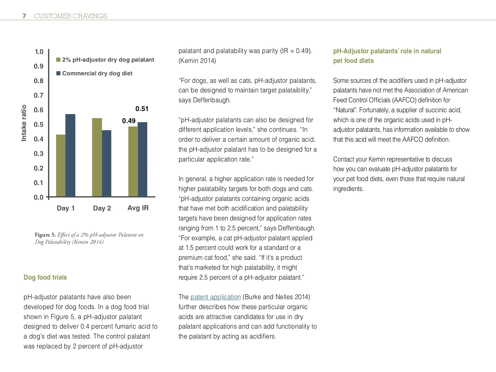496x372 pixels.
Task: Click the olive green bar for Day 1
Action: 61,166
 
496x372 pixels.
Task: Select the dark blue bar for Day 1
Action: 70,155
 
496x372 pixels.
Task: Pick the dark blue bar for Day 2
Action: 107,163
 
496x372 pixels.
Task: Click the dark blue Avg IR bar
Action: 143,159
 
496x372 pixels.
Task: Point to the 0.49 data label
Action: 129,121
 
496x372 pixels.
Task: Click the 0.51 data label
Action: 142,109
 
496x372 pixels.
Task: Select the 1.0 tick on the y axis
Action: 39,52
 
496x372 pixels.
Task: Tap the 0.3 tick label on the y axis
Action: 39,154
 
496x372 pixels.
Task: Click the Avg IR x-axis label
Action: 138,208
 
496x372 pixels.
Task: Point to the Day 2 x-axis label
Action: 102,208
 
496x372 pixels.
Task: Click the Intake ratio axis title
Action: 24,123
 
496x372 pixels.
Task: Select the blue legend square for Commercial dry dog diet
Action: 58,73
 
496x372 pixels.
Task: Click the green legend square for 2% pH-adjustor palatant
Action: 58,60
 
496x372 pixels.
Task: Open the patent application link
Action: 215,297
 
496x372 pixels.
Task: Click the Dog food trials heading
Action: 45,277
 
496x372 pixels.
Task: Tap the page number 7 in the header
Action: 24,16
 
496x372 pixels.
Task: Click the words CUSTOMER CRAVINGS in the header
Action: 70,16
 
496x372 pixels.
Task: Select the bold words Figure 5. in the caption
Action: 45,235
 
